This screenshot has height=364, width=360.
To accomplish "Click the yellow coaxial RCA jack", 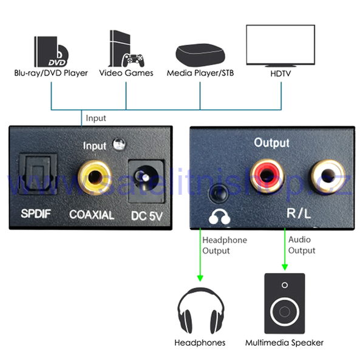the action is (x=95, y=178).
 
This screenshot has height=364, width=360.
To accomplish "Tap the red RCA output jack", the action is (x=267, y=176).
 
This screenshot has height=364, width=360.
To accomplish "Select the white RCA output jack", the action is (x=327, y=176).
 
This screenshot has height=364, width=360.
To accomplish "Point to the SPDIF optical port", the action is (x=38, y=174).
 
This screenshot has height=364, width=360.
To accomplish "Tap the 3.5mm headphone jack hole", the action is (x=219, y=193).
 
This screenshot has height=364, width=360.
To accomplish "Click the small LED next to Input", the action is (x=119, y=144).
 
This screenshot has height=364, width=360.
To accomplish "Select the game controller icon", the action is (x=134, y=60).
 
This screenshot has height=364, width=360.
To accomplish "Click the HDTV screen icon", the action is (x=280, y=46).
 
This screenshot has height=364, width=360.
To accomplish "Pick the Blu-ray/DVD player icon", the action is (x=51, y=52).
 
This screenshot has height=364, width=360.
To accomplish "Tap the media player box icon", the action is (x=200, y=55).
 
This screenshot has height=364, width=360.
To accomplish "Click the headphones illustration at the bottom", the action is (x=201, y=311).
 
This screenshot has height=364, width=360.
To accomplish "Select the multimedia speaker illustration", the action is (x=285, y=303).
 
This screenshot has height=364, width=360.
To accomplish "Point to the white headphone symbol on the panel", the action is (x=219, y=217).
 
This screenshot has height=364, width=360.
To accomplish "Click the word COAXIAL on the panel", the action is (x=92, y=215).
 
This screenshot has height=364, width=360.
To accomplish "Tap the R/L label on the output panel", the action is (x=299, y=213).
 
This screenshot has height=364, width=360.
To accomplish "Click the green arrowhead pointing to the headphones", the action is (x=200, y=278).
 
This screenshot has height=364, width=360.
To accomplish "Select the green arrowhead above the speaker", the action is (x=285, y=267).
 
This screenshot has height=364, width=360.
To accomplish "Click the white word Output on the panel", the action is (x=271, y=143).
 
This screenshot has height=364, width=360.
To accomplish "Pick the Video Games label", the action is (x=126, y=73).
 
